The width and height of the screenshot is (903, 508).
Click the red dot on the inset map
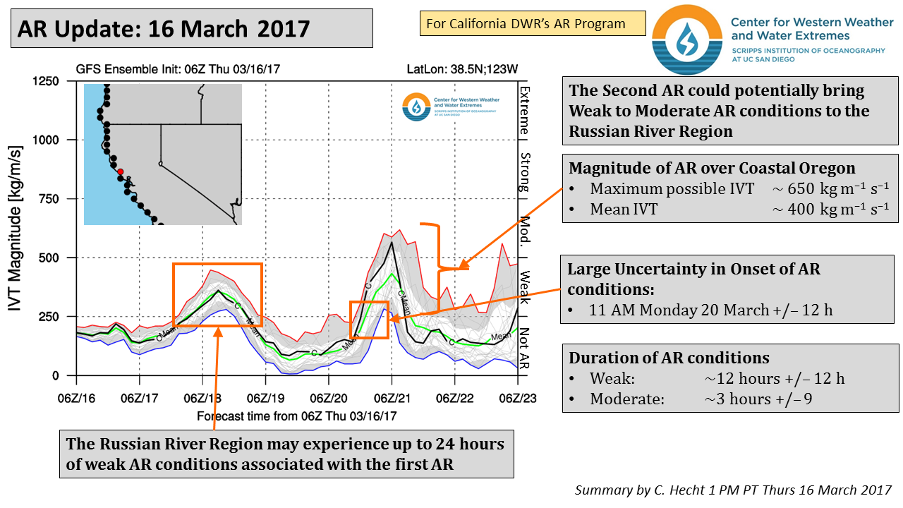[121, 171]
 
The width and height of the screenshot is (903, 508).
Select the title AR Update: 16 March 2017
[164, 28]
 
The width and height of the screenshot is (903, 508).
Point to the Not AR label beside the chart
[524, 349]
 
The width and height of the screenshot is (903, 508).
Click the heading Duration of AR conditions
[669, 358]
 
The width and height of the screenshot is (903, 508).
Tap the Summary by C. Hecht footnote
[733, 490]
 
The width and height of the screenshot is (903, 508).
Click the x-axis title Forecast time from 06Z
[296, 416]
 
